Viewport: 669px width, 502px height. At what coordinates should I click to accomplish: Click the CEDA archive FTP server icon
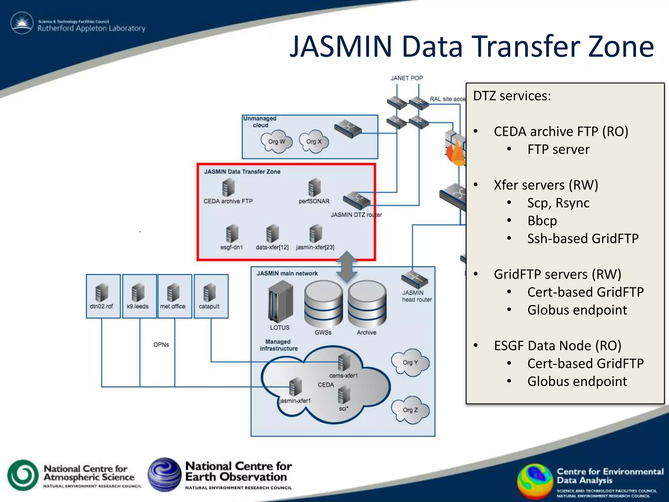click(228, 188)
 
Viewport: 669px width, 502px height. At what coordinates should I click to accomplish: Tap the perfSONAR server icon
click(314, 188)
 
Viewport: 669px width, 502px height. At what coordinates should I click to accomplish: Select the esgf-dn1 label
click(232, 247)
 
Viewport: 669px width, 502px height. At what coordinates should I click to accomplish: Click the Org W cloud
click(277, 142)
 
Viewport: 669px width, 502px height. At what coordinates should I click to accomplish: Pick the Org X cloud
click(314, 142)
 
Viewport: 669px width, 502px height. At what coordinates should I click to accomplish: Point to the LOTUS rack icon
click(280, 302)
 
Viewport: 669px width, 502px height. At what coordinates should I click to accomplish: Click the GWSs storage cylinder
click(323, 304)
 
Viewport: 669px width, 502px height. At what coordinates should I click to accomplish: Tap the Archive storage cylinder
click(367, 304)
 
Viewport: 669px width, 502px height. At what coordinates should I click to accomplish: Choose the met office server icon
click(173, 292)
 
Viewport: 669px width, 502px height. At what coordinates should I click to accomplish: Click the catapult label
click(209, 307)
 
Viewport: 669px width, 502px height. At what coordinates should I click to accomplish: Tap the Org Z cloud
click(410, 410)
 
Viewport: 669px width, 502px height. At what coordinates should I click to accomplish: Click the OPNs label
click(161, 344)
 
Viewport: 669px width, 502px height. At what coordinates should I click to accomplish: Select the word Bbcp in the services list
click(542, 221)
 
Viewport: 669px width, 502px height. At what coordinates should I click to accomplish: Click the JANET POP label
click(407, 78)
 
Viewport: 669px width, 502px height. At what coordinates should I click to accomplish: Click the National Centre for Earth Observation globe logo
click(164, 475)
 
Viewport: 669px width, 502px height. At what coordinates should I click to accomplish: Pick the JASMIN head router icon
click(414, 280)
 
